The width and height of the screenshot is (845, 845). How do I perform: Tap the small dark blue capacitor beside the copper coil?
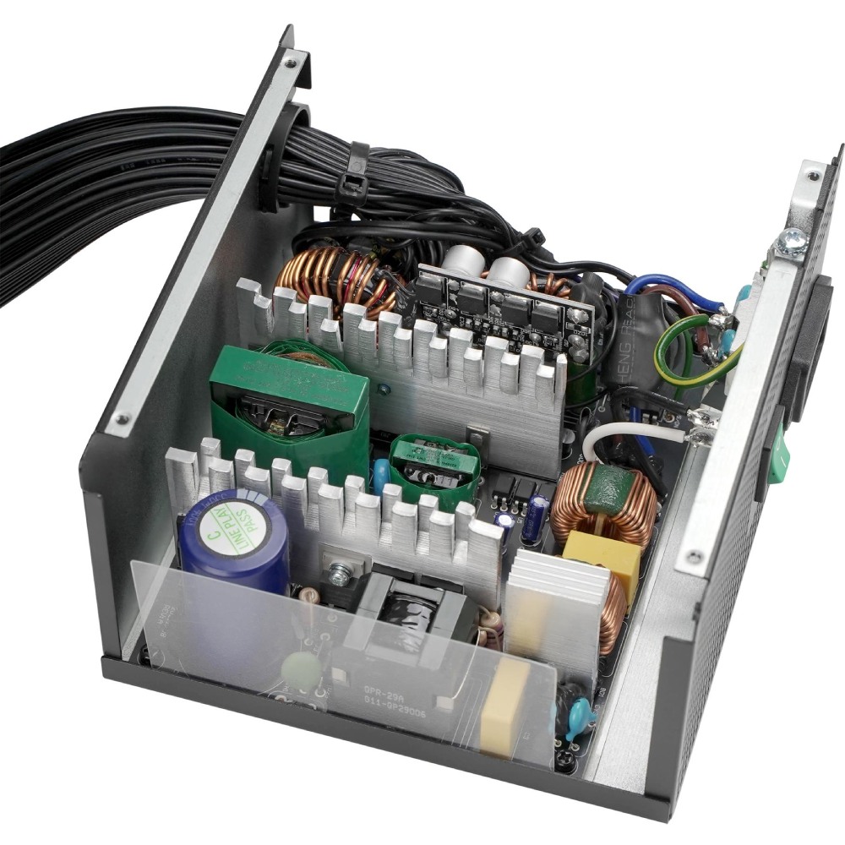(534, 517)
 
